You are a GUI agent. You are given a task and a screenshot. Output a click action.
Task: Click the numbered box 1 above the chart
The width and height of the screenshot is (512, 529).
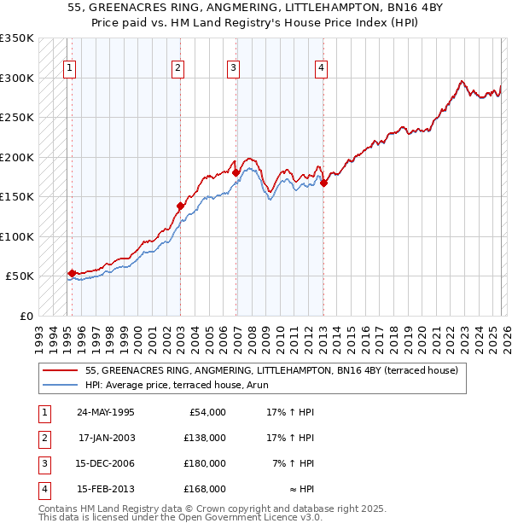coord(69,69)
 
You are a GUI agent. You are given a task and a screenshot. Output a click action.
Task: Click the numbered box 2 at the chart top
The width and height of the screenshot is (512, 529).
coord(177,69)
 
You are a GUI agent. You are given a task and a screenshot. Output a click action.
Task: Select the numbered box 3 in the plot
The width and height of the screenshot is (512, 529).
coord(233,69)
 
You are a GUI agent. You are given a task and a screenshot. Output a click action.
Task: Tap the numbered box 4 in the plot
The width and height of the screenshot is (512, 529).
coord(321,69)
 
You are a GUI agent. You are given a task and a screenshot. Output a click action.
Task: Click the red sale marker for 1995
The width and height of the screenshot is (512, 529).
coord(72,273)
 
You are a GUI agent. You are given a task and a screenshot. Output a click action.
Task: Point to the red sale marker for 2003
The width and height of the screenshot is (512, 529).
coord(180,206)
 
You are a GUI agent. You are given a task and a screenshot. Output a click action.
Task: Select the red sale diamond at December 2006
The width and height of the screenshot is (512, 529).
coord(236,172)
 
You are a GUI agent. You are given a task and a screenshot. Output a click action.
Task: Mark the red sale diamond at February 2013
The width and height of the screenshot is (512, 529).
coord(323,182)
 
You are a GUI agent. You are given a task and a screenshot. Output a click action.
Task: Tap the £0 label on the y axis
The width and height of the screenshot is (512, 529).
coord(25,316)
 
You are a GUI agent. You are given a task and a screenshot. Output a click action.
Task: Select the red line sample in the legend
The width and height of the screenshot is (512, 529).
coord(61,370)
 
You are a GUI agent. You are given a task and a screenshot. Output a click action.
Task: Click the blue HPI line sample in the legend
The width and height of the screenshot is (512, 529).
coord(61,385)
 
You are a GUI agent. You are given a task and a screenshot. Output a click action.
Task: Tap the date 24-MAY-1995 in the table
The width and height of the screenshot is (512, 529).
coord(106,412)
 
